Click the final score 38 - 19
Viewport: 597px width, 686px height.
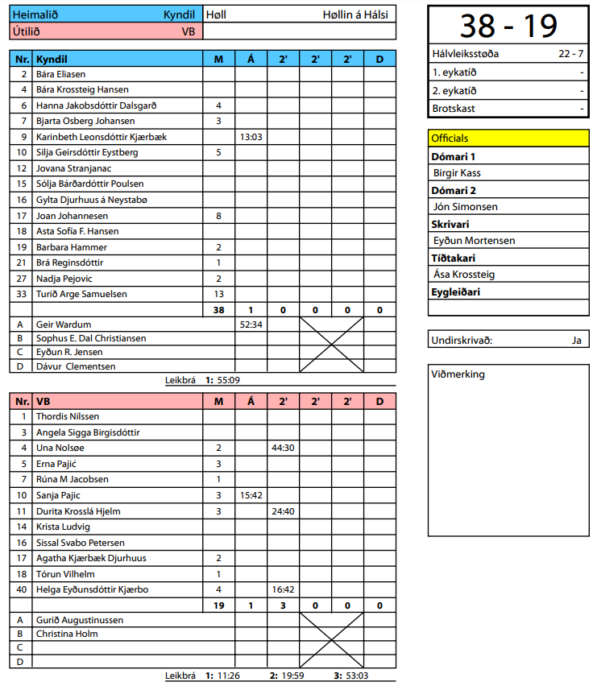[508, 26]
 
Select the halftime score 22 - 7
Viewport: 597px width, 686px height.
[571, 55]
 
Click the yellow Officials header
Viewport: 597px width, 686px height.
[508, 138]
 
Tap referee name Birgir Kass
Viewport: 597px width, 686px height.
[458, 173]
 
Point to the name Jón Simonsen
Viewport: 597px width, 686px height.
[466, 207]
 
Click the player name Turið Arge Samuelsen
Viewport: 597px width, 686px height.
[81, 294]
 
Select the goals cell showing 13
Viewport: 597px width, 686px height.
[218, 294]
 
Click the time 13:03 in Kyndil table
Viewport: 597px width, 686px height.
[251, 137]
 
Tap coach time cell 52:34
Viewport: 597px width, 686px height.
[251, 324]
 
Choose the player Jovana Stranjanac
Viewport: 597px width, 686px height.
[73, 168]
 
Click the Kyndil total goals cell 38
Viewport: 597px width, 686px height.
[218, 310]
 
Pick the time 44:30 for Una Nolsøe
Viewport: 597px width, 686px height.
[283, 448]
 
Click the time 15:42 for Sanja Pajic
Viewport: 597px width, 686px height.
[251, 495]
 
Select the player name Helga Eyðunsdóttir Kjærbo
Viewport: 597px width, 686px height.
[92, 589]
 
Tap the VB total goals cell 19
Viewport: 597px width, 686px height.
[218, 605]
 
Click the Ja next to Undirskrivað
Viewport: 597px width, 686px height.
[576, 340]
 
